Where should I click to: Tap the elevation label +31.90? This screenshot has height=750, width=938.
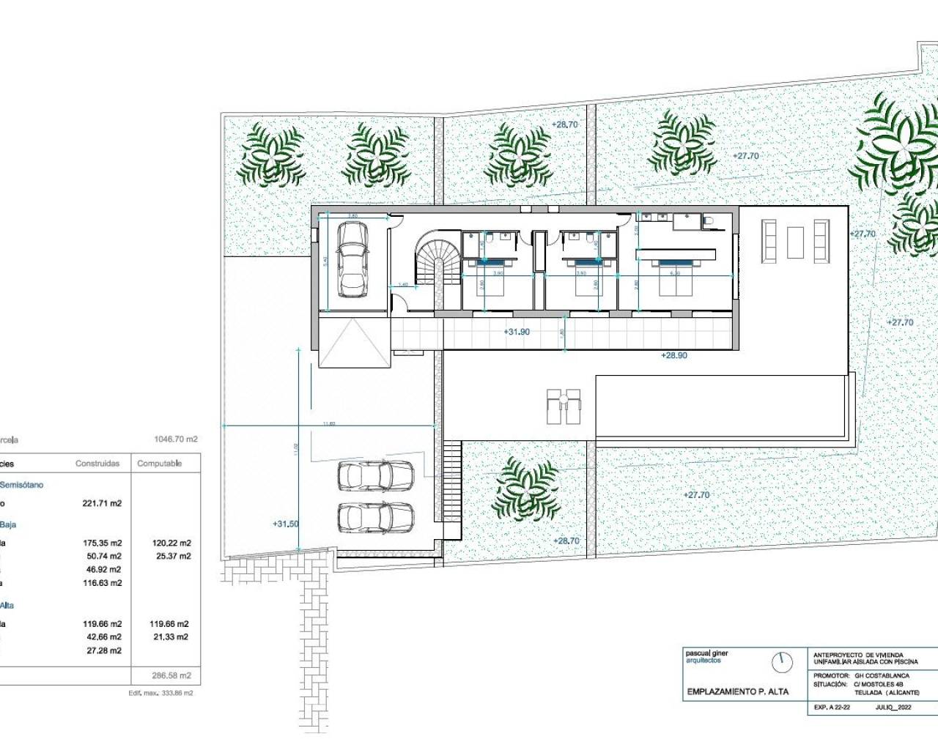click(x=517, y=332)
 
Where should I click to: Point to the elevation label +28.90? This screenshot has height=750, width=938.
click(x=673, y=354)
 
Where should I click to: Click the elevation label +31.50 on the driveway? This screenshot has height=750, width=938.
click(x=285, y=524)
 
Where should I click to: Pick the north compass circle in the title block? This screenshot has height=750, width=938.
click(x=783, y=662)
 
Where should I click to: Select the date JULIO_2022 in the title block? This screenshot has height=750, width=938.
click(x=893, y=708)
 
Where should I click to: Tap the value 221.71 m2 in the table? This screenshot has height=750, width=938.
click(x=102, y=503)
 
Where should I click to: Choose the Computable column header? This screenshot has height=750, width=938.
click(x=159, y=464)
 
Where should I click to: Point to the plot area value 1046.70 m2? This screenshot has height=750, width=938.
click(x=176, y=439)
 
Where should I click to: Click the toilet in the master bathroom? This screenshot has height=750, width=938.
click(x=708, y=220)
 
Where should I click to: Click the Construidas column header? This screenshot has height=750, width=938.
click(x=97, y=464)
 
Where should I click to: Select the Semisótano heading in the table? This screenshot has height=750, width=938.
click(x=22, y=484)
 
